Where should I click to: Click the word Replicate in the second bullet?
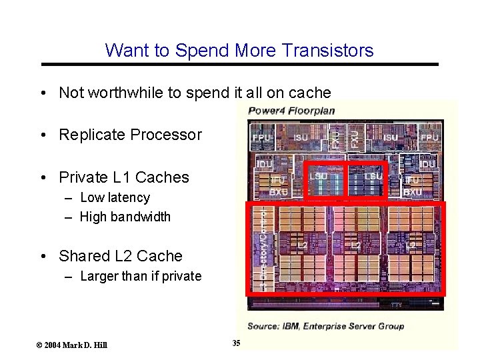[92, 135]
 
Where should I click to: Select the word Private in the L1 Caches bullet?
[83, 177]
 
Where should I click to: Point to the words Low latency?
[115, 197]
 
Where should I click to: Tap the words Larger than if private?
[140, 276]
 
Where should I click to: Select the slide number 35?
[236, 343]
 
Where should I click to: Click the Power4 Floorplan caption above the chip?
[291, 110]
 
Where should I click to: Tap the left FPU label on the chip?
[262, 137]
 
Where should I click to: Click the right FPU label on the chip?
[429, 137]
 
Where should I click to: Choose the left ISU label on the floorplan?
[301, 137]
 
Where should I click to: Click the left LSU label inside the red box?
[318, 176]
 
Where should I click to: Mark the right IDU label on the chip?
[427, 164]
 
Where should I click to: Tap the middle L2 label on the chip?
[356, 246]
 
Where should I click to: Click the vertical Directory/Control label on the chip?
[263, 247]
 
